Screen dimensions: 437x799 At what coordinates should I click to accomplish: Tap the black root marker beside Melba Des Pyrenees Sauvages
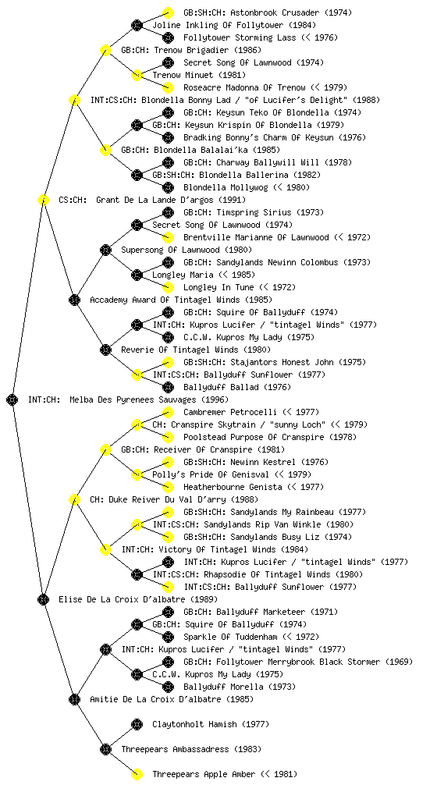12,400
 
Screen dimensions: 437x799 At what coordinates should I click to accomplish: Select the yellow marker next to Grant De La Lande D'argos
43,201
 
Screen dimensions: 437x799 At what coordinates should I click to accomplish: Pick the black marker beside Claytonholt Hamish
137,725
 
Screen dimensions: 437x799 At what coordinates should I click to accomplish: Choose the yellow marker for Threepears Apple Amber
137,775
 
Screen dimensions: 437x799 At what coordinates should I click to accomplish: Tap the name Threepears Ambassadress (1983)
191,750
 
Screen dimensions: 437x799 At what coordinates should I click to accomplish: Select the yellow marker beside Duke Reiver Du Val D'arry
74,500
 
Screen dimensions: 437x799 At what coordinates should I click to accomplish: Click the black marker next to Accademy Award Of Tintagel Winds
74,300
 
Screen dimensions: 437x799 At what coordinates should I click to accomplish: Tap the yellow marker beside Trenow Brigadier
105,51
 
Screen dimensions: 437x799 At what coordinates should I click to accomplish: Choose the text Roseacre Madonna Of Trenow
244,87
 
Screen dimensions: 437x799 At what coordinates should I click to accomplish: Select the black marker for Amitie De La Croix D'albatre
74,700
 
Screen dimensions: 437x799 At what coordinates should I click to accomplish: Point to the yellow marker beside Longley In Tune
168,288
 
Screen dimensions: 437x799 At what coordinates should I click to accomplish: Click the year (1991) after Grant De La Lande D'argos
232,201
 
